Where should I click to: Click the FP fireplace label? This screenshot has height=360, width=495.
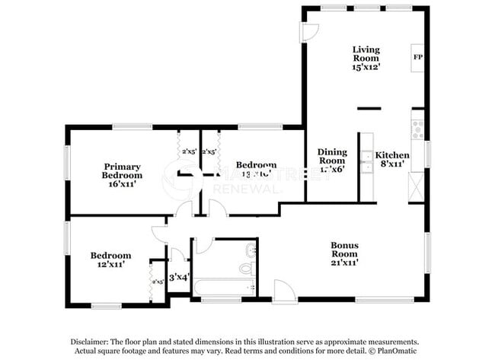coord(417,57)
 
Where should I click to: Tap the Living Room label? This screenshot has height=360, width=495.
coord(366,51)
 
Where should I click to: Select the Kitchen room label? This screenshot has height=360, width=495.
coord(392,155)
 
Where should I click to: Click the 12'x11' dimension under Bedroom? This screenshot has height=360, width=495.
coord(110,266)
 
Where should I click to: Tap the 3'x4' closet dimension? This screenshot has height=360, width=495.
coord(177,277)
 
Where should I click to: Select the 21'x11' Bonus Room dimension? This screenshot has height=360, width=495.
coord(344,262)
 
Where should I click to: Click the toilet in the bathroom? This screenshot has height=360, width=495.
coord(246,267)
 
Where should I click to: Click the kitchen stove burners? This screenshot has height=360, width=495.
coord(417,129)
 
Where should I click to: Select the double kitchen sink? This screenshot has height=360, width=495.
coord(366,162)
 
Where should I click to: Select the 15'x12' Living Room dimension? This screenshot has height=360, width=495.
coord(366,66)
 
